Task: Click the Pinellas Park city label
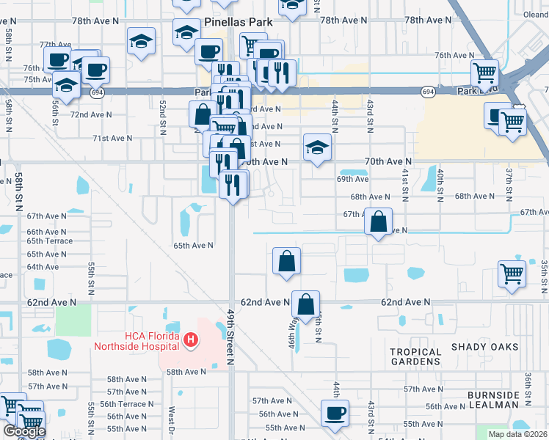tap(239, 22)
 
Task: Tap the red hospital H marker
tap(191, 340)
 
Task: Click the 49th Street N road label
tap(230, 337)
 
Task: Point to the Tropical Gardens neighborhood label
tap(415, 357)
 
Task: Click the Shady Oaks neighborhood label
tap(484, 346)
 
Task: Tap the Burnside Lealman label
tap(493, 401)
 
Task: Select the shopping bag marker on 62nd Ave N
tap(306, 303)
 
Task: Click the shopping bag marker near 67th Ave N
tap(378, 221)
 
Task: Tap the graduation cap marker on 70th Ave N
tap(317, 149)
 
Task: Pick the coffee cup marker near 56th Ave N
tap(336, 411)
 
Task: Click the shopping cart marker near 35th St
tap(512, 273)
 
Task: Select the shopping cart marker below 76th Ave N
tap(484, 73)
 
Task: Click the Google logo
tap(24, 431)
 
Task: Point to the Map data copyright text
tap(517, 434)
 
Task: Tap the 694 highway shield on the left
tap(97, 92)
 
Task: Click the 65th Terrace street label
tap(50, 241)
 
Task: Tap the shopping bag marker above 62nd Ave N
tap(286, 260)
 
